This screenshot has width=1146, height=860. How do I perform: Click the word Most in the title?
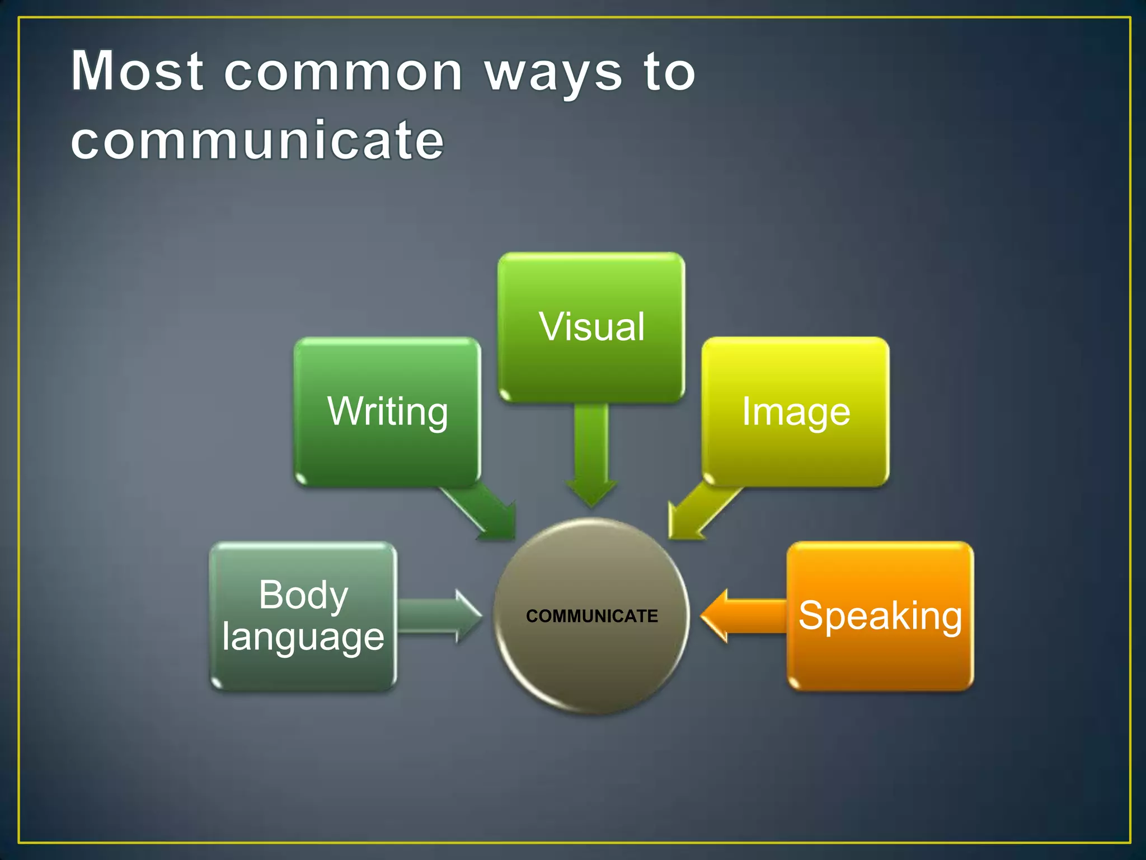pos(137,71)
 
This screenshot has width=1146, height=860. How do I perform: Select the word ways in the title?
pos(553,76)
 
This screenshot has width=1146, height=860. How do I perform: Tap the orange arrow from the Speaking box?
pos(739,616)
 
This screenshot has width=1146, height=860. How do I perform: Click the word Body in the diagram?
pos(303,595)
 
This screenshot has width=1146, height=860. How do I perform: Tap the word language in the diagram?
pos(303,637)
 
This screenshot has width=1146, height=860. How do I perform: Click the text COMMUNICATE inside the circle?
pos(591,616)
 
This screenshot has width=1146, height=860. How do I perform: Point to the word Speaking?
pos(880,616)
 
